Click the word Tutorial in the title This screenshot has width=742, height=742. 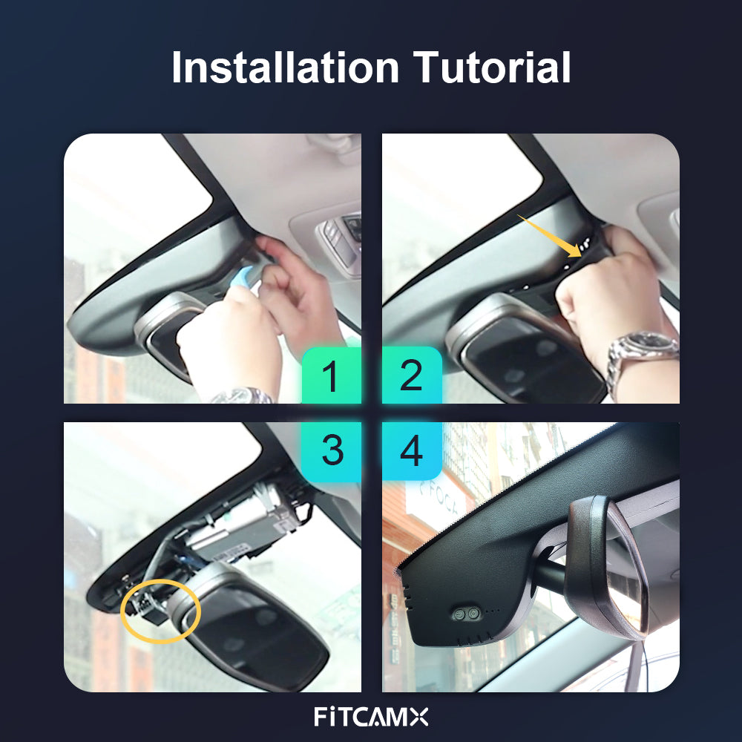tap(492, 68)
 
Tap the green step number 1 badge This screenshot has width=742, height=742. tap(331, 375)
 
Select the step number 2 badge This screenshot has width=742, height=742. tap(412, 375)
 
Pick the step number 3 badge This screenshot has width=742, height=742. tap(331, 450)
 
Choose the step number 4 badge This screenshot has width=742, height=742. tap(412, 450)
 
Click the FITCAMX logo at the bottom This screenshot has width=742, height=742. tap(371, 717)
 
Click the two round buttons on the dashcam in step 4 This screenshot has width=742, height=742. tap(466, 614)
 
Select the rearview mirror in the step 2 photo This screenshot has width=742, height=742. tap(525, 350)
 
